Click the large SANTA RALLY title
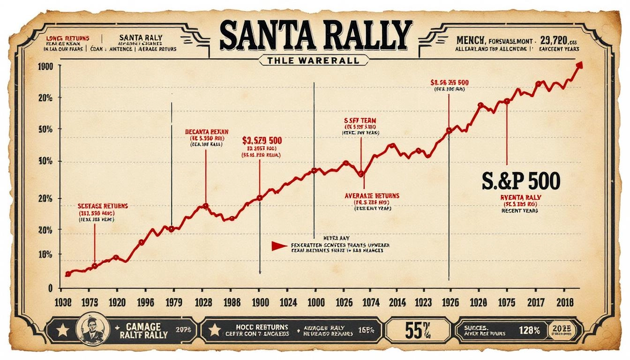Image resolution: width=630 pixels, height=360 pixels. (x=315, y=36)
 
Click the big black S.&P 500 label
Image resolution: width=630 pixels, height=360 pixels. (x=521, y=180)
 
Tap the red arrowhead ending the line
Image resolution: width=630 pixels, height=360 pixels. (x=579, y=65)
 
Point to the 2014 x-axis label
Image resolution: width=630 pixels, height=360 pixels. (x=397, y=302)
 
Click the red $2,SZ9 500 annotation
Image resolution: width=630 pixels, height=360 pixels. (x=262, y=140)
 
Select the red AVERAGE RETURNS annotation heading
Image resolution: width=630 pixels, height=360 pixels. (x=372, y=195)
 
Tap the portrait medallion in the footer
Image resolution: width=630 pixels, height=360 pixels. (x=89, y=330)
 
